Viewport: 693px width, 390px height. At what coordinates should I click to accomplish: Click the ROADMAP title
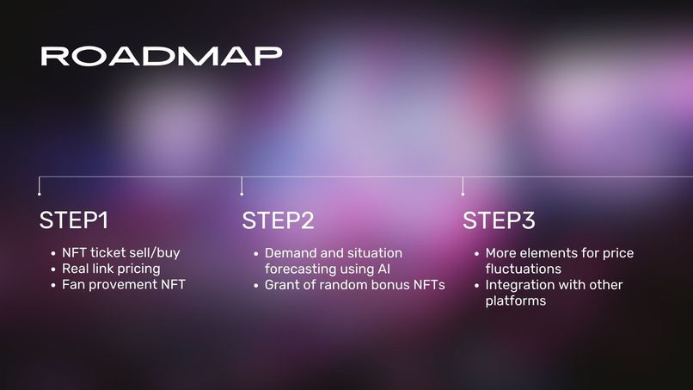point(161,56)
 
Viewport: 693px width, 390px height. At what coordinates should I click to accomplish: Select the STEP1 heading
point(73,220)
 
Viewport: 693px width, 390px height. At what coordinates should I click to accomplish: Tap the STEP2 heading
point(278,220)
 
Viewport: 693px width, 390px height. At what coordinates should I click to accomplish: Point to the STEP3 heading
point(499,220)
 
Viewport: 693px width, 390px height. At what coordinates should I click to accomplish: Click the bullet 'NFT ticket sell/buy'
point(120,253)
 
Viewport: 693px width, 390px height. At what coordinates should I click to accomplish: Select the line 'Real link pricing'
point(111,269)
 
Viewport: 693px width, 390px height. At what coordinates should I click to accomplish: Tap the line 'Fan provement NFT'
point(123,284)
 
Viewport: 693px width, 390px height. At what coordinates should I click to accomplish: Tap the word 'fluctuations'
point(523,269)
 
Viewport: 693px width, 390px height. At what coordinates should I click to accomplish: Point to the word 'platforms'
point(516,300)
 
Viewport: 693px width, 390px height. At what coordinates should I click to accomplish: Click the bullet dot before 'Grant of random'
point(255,285)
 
